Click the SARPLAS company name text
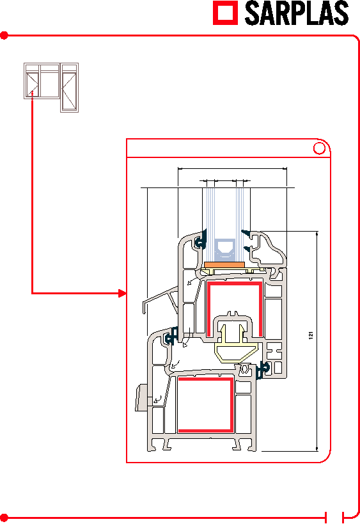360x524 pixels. click(x=297, y=13)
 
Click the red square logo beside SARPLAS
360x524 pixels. click(x=226, y=13)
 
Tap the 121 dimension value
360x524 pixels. click(x=311, y=335)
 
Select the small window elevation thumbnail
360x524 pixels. click(x=51, y=88)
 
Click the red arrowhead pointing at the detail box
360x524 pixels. click(x=123, y=294)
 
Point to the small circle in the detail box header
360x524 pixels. click(x=319, y=148)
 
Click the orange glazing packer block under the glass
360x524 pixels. click(x=224, y=265)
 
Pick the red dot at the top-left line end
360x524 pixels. click(x=4, y=35)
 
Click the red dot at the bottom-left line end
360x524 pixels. click(x=4, y=518)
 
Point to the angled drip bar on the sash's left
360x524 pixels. click(x=160, y=298)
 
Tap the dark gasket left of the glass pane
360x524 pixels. click(x=201, y=239)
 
